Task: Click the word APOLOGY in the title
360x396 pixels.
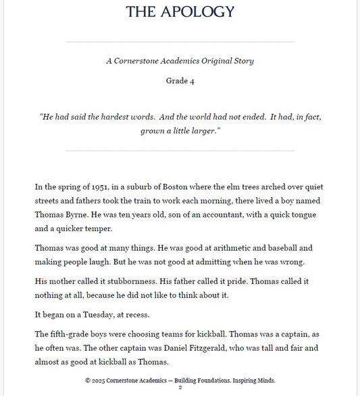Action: pyautogui.click(x=200, y=11)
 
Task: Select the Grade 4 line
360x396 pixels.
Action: pyautogui.click(x=180, y=81)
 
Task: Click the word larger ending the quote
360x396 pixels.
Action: pyautogui.click(x=205, y=131)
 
